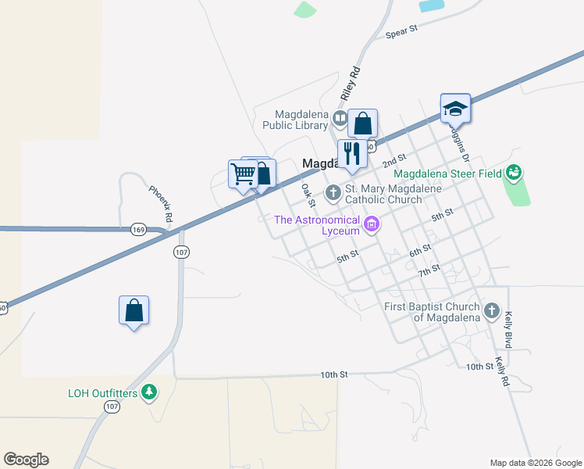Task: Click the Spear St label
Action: click(403, 32)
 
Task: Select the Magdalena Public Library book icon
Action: click(340, 119)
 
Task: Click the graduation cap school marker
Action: click(455, 109)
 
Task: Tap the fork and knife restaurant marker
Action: click(351, 154)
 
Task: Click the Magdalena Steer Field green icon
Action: click(514, 172)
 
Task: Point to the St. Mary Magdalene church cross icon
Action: click(333, 191)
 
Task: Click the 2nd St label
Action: click(396, 160)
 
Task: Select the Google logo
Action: click(26, 460)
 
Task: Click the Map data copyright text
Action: click(535, 463)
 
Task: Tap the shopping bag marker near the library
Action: click(362, 123)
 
